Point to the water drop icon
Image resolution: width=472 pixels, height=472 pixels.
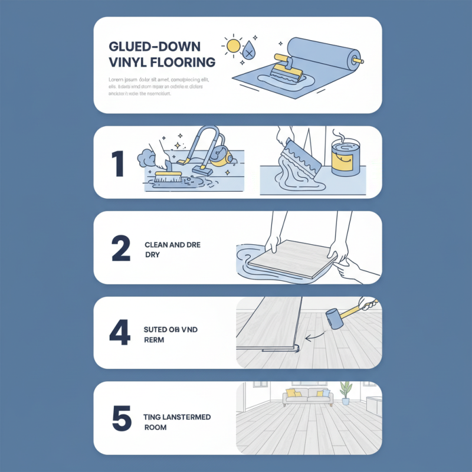pyautogui.click(x=251, y=51)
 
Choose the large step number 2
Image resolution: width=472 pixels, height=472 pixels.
pyautogui.click(x=120, y=250)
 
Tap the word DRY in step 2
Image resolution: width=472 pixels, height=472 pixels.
pyautogui.click(x=152, y=255)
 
